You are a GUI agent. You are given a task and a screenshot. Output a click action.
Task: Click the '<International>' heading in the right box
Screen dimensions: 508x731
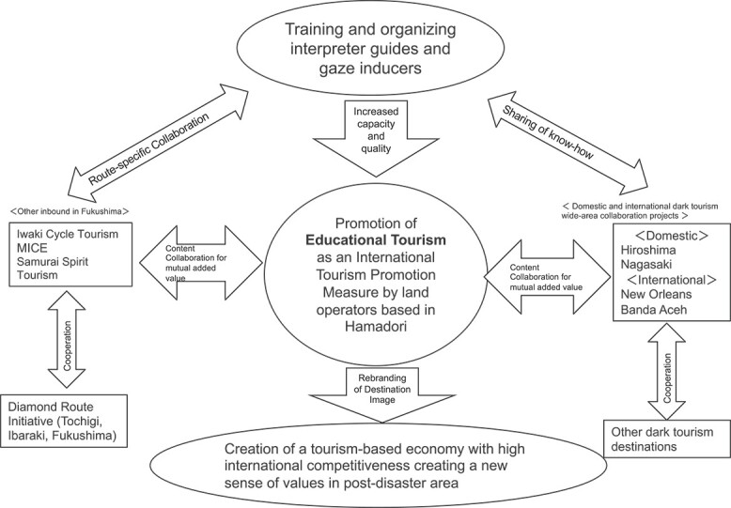point(667,279)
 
